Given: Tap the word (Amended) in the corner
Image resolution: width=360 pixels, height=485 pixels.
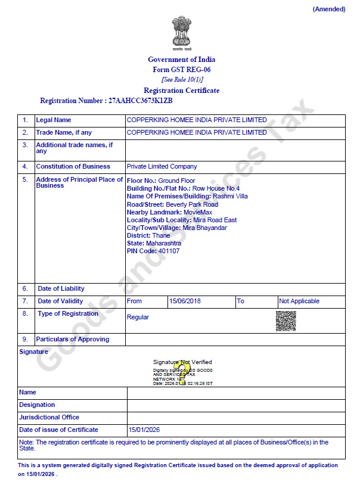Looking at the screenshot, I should click(328, 9).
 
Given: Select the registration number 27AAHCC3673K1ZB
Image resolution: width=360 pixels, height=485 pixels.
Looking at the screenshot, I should click(141, 101).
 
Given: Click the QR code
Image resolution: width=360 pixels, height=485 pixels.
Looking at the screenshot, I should click(285, 321).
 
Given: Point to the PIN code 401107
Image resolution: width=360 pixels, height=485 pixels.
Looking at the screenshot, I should click(168, 251).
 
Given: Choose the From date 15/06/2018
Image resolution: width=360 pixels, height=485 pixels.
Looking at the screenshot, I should click(185, 301).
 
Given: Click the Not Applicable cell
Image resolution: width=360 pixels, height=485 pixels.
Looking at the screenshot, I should click(299, 301).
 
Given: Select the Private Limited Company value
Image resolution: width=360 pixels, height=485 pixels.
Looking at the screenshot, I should click(162, 166).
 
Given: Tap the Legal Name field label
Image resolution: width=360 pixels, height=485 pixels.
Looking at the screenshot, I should click(54, 120).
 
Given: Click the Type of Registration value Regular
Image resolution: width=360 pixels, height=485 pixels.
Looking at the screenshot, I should click(138, 317).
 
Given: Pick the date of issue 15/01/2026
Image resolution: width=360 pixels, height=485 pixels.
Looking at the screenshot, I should click(144, 430).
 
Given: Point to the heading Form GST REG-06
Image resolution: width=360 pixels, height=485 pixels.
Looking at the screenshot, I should click(182, 70).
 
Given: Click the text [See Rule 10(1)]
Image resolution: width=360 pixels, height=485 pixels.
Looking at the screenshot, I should click(182, 79).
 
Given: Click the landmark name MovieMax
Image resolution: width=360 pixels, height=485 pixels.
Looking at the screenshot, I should click(198, 212).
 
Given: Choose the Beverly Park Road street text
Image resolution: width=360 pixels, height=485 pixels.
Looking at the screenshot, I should click(192, 204).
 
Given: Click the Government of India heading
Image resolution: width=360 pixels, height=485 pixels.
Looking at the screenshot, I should click(182, 60).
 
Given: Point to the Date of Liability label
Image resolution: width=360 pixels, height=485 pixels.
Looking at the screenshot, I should click(61, 288).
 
